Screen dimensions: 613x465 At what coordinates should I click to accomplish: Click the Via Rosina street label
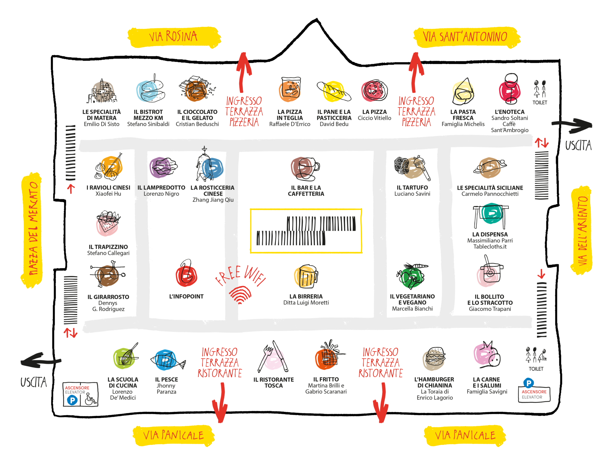click(x=173, y=37)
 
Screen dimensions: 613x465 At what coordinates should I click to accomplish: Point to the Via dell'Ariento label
click(x=582, y=230)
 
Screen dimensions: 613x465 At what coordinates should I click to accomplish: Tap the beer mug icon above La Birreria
click(x=306, y=276)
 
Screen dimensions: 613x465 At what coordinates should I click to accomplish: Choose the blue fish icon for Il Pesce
click(x=167, y=361)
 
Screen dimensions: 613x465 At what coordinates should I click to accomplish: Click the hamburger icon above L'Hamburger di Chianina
click(x=434, y=358)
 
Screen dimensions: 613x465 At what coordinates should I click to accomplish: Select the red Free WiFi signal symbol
click(x=240, y=295)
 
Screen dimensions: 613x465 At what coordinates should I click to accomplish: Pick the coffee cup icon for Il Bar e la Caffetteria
click(x=305, y=169)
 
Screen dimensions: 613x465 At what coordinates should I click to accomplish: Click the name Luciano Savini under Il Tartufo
click(x=412, y=194)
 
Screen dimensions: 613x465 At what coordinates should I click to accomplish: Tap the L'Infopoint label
click(x=186, y=297)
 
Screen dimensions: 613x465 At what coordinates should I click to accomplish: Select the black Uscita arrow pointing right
click(x=572, y=125)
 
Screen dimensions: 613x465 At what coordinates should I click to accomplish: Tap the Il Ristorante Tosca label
click(x=274, y=383)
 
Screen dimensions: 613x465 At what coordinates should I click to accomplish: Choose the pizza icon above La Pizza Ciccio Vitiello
click(x=374, y=91)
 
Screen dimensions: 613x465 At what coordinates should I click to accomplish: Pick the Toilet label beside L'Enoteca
click(x=540, y=103)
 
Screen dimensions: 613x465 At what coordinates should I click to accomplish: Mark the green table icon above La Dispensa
click(x=491, y=215)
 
